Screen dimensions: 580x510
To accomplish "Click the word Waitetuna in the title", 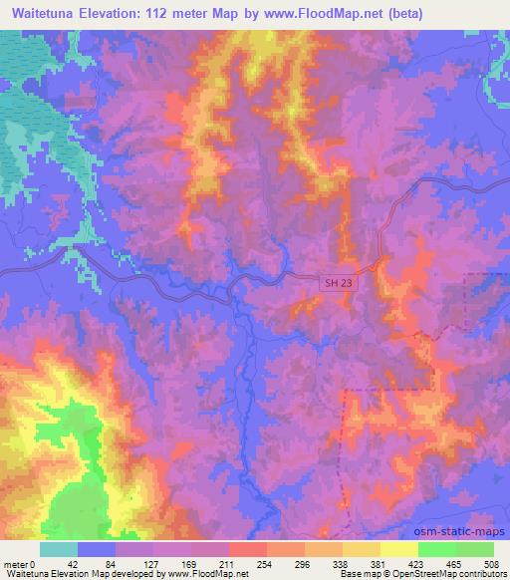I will click(46, 14).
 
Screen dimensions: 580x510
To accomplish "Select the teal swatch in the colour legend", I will click(59, 549).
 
